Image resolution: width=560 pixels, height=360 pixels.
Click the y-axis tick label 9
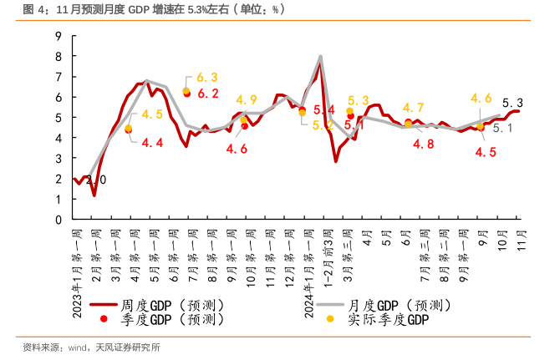(59, 35)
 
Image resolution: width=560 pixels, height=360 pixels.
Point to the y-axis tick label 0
(59, 220)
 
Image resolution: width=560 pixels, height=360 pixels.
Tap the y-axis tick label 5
(59, 117)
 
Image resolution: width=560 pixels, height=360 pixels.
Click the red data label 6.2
(208, 94)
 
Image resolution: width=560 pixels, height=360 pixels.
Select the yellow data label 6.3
(206, 77)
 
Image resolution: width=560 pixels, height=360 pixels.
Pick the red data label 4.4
(152, 143)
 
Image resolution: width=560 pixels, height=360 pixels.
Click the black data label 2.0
(96, 180)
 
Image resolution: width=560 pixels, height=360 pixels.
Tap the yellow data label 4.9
(247, 100)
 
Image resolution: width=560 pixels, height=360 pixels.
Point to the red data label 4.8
(424, 144)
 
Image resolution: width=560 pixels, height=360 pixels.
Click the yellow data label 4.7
(414, 108)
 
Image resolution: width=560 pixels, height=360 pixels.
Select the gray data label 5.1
(503, 129)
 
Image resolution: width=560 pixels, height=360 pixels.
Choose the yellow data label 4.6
(481, 99)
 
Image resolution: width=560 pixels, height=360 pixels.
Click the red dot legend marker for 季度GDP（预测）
(104, 319)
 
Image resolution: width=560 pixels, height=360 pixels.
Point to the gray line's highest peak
(320, 57)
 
